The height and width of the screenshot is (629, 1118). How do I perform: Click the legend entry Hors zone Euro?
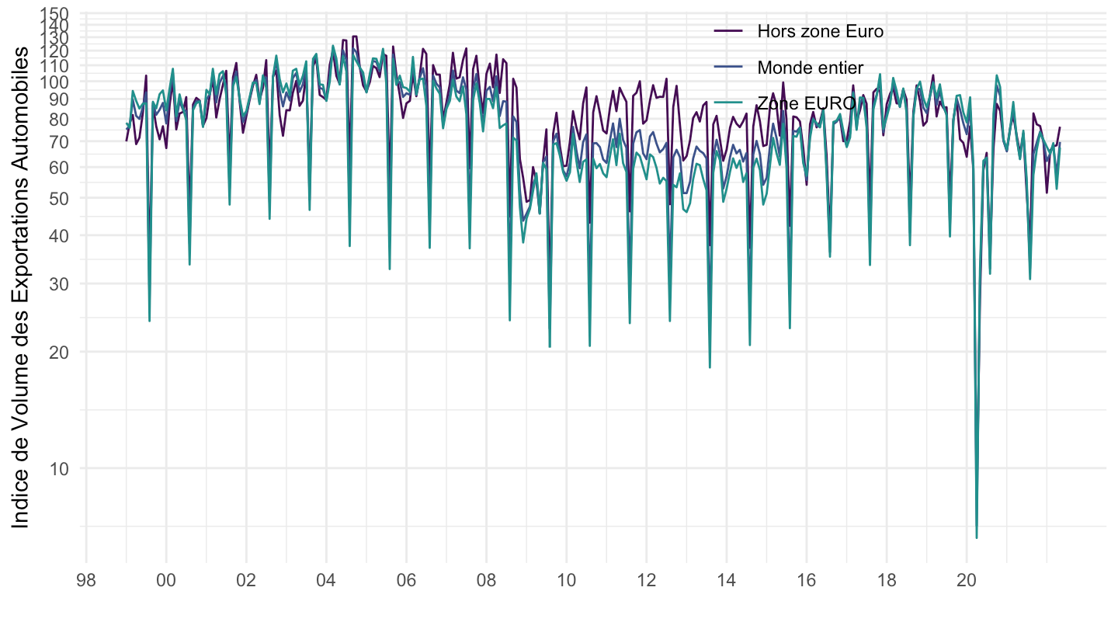point(821,32)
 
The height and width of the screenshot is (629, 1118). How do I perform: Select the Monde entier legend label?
point(811,68)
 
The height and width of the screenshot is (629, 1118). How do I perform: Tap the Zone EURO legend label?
point(807,103)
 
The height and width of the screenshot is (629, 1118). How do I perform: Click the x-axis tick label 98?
point(85,580)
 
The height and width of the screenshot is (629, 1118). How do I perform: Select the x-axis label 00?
point(166,580)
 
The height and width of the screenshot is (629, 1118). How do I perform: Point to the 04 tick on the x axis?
point(326,580)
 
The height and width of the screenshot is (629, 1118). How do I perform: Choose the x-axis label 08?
point(486,580)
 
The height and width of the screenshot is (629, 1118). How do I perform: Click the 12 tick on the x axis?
point(647,580)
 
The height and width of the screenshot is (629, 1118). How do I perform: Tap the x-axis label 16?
point(807,580)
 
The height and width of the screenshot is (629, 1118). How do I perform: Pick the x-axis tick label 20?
point(967,580)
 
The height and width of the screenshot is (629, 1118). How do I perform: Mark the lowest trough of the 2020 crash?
point(976,537)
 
